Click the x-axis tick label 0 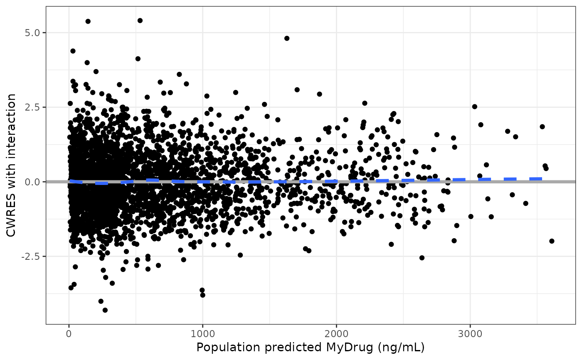coord(69,333)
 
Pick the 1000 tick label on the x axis coord(202,333)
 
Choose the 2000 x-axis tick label coord(336,333)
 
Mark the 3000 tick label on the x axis coord(470,333)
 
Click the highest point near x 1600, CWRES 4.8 coord(286,38)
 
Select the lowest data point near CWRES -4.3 coord(105,310)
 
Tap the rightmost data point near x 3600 coord(552,241)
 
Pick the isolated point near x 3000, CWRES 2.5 coord(474,106)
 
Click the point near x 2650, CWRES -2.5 coord(422,258)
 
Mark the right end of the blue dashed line coord(542,179)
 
